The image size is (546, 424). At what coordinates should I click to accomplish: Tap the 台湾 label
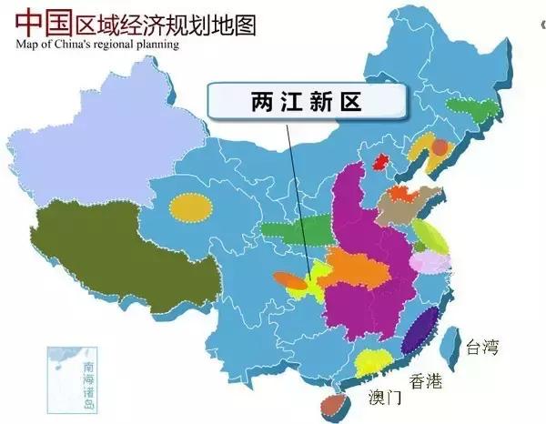tap(482, 347)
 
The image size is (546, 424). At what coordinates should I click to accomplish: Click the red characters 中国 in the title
tap(43, 20)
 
